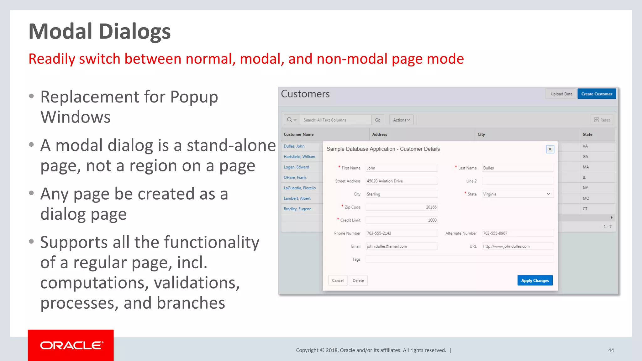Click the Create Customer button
(x=597, y=94)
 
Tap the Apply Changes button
(x=535, y=280)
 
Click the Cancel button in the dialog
(x=338, y=280)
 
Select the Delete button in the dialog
(x=358, y=280)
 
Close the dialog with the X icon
(x=550, y=149)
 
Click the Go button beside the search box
(x=378, y=120)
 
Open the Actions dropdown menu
(x=402, y=120)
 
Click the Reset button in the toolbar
(x=602, y=120)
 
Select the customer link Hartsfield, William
(x=299, y=157)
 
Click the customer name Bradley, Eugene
(x=297, y=209)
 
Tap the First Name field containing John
(x=402, y=168)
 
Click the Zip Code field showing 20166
(x=402, y=207)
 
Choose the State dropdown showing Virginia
(x=518, y=194)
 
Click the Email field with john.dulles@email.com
(x=402, y=246)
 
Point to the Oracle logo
(x=71, y=345)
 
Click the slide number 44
(x=611, y=350)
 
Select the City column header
(x=481, y=134)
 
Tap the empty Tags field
(x=460, y=259)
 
